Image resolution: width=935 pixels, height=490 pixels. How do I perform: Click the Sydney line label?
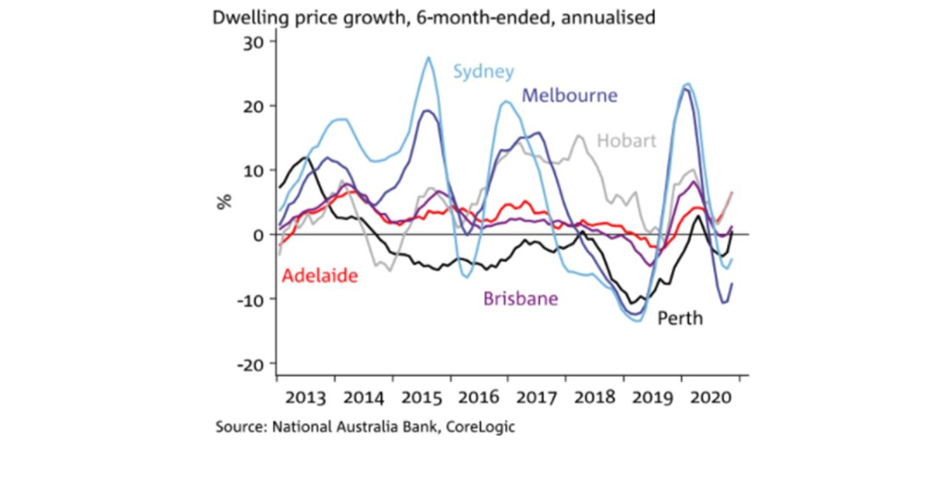click(484, 72)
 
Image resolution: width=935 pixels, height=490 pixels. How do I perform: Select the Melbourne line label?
click(570, 95)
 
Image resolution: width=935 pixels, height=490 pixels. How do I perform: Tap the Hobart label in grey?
click(626, 141)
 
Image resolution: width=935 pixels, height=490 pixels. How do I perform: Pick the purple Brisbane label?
click(521, 299)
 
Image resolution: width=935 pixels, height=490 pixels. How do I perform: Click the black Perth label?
click(680, 318)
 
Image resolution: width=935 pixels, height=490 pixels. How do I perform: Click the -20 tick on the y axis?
click(253, 364)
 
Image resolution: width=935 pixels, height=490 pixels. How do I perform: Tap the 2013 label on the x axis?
click(306, 396)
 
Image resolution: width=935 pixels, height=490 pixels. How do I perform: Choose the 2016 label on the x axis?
click(478, 396)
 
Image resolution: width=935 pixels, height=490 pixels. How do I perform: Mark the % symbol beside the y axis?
click(224, 201)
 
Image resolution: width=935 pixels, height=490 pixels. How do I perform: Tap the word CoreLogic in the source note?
click(482, 428)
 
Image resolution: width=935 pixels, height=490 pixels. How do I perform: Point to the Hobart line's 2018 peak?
click(579, 136)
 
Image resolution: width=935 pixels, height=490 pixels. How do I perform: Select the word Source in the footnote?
click(240, 428)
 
